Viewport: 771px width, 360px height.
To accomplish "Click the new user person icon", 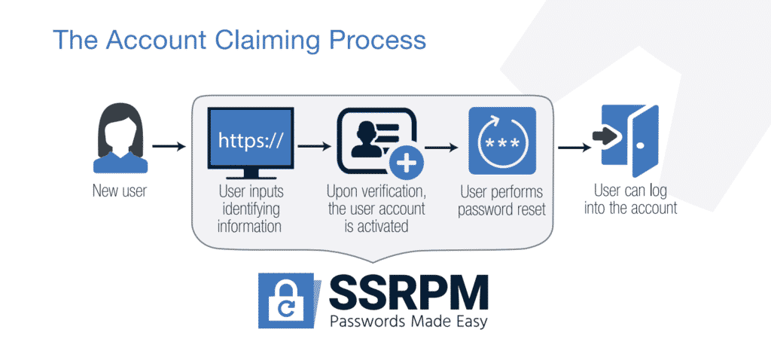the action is pos(120,140).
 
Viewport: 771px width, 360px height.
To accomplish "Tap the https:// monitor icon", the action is pos(250,143).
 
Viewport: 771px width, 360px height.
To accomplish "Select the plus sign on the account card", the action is pos(406,163).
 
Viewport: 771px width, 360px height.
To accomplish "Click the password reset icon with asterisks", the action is pos(501,140).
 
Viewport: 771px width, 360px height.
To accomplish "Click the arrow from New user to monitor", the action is pos(169,146).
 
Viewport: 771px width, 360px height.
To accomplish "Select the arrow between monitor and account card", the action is pos(314,146).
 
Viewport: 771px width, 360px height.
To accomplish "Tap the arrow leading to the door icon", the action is pos(574,146).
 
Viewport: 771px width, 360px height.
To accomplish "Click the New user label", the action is pos(120,191).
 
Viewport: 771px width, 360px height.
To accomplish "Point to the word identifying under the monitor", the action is pos(251,209).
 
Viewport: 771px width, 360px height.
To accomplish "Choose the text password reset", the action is pos(501,209).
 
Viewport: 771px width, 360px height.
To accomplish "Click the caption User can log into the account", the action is pos(630,199).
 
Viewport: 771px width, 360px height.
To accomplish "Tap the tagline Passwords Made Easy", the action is pos(409,322).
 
